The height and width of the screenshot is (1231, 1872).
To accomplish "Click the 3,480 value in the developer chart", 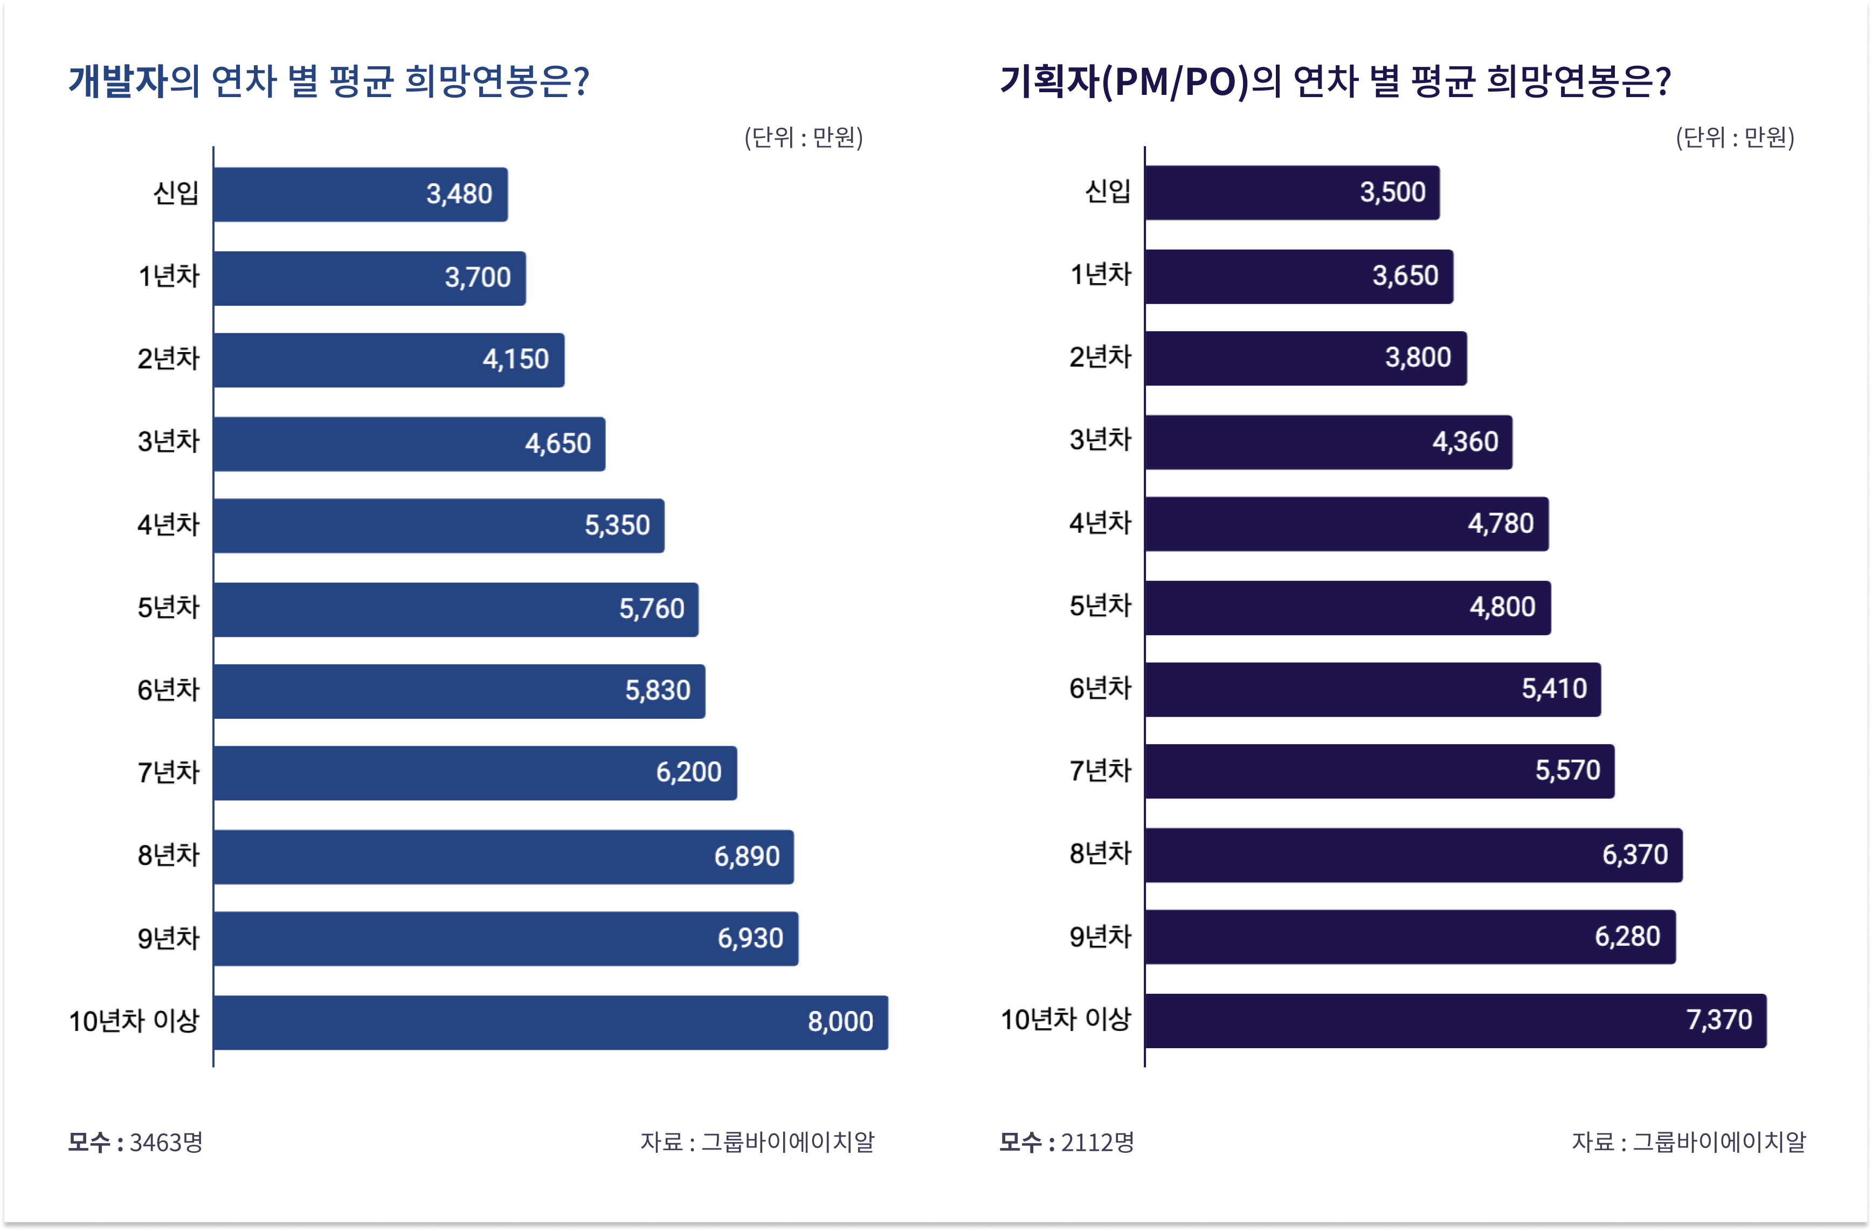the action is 459,194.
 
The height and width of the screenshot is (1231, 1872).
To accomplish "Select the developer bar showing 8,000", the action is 550,1022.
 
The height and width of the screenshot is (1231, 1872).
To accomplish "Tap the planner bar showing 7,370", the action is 1456,1020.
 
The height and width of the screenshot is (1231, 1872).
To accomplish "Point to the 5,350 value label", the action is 618,525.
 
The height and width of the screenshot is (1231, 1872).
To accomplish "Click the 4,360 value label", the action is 1466,441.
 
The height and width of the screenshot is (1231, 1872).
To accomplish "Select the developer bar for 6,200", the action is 475,773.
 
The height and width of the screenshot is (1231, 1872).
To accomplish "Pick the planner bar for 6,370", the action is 1413,855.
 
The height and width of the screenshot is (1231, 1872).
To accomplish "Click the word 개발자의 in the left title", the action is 134,81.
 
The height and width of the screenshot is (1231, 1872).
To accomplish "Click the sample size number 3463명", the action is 166,1142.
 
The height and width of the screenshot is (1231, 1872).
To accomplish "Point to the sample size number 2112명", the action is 1098,1142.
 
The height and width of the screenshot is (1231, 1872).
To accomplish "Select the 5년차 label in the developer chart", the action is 168,607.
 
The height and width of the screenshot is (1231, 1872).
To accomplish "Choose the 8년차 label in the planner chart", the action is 1100,854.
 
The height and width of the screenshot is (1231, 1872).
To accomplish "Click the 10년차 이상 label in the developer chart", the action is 135,1021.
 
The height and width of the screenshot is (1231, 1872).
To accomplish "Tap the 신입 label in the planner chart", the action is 1108,191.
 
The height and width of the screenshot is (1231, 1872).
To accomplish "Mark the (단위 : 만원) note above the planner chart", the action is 1735,137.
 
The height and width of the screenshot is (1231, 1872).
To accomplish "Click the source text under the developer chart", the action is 757,1142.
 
